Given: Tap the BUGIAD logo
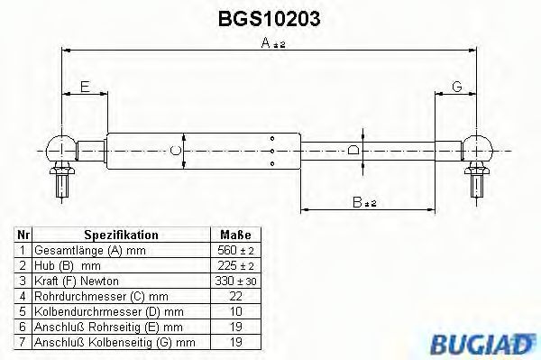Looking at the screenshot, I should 491,343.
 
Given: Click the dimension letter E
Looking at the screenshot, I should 84,87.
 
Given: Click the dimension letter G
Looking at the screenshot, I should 456,87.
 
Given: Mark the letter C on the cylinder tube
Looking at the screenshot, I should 177,149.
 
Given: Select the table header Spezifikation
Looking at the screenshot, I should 122,235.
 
